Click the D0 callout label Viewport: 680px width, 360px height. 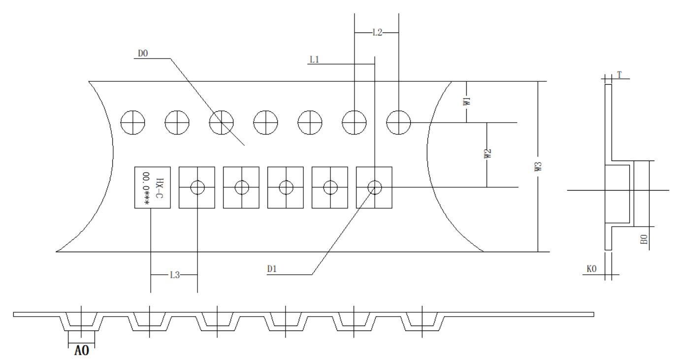coord(143,53)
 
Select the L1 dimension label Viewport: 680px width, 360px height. coord(314,60)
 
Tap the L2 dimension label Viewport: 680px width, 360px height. coord(377,32)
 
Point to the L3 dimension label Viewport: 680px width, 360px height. coord(174,275)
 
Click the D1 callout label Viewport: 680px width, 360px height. coord(272,269)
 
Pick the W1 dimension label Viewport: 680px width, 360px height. coord(467,101)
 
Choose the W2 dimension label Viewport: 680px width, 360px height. coord(487,154)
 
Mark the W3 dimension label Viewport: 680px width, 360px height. coord(538,166)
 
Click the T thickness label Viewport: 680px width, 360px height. coord(619,75)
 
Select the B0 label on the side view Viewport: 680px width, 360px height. coord(644,239)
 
